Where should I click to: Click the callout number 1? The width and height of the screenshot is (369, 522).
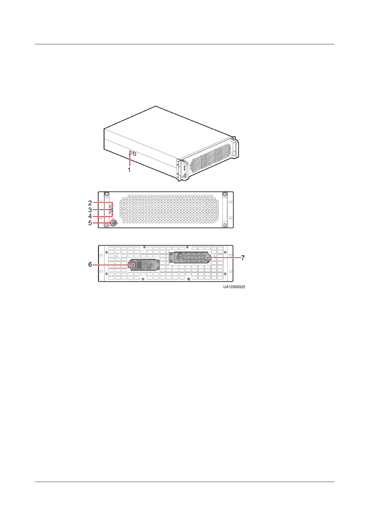pos(129,170)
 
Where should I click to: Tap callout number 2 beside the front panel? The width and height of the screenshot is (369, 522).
pos(90,203)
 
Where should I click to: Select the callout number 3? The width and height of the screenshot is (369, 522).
pos(90,210)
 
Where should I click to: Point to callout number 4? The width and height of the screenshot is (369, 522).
pos(90,216)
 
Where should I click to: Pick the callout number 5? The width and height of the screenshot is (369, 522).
pos(90,223)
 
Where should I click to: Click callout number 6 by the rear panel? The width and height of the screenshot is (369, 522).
pos(90,264)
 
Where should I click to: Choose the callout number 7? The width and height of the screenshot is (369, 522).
pos(243,258)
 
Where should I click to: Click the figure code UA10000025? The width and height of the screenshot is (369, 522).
pos(234,287)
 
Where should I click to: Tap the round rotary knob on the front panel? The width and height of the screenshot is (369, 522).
pos(113,223)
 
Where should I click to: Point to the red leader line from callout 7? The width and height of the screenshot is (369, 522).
pos(225,258)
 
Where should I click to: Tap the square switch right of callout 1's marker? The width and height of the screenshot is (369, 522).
pos(134,153)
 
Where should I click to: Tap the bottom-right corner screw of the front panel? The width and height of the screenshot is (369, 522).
pos(225,224)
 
